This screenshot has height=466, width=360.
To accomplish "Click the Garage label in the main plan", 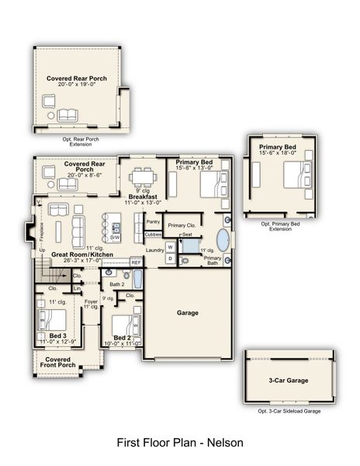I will (x=188, y=313).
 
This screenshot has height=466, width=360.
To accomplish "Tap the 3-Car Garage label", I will (x=289, y=381).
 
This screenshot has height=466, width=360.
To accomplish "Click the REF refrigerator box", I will (x=136, y=263).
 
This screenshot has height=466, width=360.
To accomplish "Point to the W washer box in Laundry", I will (x=171, y=247).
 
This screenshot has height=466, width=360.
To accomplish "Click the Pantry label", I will (x=153, y=221).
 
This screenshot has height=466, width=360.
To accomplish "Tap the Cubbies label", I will (x=153, y=234).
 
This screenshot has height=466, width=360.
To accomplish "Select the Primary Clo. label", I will (x=182, y=225).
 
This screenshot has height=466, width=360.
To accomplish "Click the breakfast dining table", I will (x=143, y=175).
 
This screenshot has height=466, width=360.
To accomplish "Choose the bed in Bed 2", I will (x=125, y=324).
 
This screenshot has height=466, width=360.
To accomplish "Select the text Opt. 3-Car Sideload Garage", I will (x=289, y=411).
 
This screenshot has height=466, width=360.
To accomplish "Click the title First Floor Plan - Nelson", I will (x=180, y=443).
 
